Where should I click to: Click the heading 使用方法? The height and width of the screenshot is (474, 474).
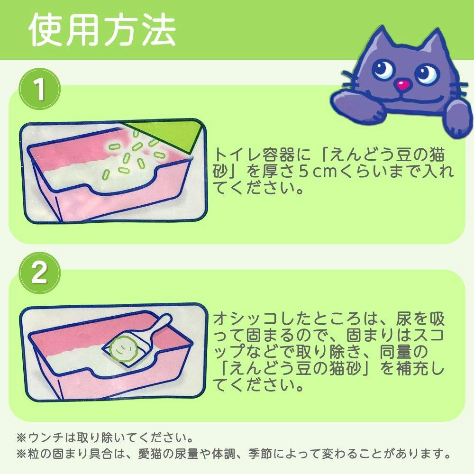point(102,30)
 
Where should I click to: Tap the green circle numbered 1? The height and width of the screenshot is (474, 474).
point(40,89)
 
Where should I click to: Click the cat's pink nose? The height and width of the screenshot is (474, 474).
point(402,85)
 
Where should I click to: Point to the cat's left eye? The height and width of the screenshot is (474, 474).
point(383,69)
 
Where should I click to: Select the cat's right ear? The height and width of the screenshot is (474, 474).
point(436,46)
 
